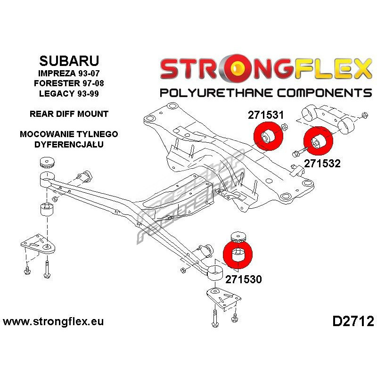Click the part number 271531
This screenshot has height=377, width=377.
(266, 115)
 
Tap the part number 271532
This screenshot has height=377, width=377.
(322, 164)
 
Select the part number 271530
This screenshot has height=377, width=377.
(243, 279)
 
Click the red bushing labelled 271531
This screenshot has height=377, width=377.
(268, 136)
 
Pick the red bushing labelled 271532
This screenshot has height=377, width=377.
(318, 141)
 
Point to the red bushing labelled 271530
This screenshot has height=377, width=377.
(238, 255)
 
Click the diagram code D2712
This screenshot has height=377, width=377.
(353, 321)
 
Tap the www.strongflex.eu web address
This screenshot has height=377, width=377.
(53, 321)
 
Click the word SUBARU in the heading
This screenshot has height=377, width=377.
(69, 61)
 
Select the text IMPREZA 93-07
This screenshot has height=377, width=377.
(69, 73)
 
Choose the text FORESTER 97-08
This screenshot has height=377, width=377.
(69, 83)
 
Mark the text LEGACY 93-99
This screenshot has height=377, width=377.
(69, 93)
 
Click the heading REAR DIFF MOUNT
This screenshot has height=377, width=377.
(69, 114)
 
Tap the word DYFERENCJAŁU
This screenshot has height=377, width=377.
(69, 144)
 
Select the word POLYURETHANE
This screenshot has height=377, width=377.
(217, 93)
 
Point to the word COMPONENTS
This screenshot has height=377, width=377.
(324, 93)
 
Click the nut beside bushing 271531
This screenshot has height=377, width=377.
(285, 126)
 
